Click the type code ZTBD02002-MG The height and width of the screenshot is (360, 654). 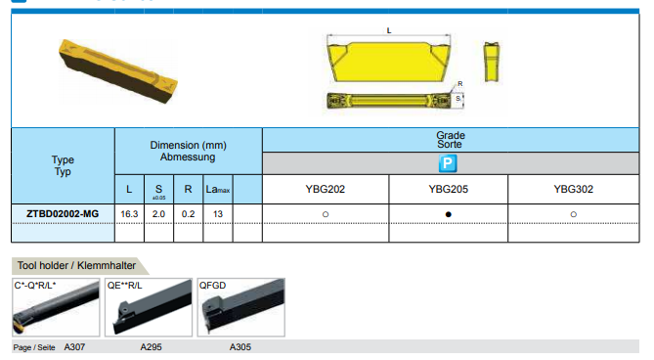click(63, 214)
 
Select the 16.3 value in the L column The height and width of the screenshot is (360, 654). click(129, 214)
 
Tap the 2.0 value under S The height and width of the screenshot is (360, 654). click(158, 214)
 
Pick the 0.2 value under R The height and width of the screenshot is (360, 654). click(188, 214)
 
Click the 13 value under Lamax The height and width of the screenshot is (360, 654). click(218, 214)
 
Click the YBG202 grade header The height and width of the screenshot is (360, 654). click(326, 189)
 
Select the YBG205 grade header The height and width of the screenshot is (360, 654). click(449, 189)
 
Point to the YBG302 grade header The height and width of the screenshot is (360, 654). click(574, 189)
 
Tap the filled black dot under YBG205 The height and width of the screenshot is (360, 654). click(449, 214)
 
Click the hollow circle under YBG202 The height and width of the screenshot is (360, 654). click(326, 214)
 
